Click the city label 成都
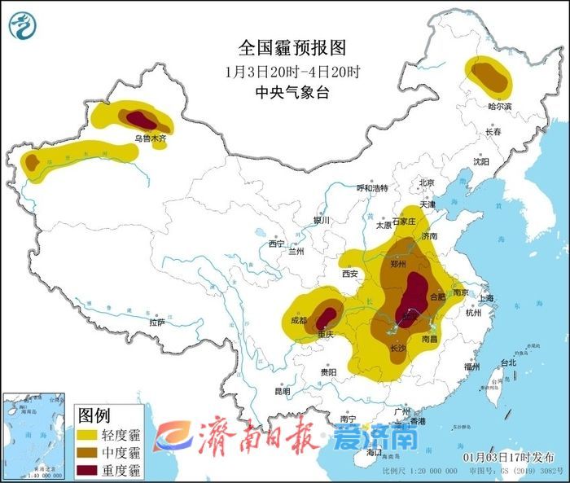click(300, 320)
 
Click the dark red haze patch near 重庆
click(327, 315)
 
